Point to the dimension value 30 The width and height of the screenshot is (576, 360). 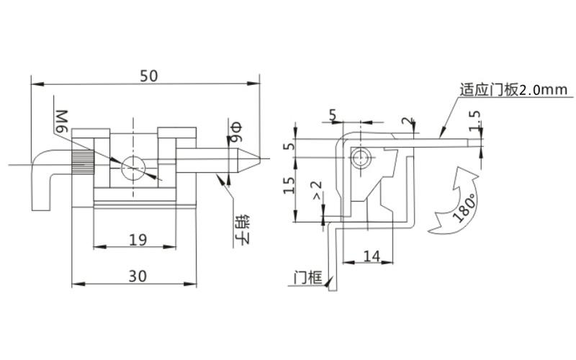point(137,275)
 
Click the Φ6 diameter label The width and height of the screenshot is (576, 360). point(235,130)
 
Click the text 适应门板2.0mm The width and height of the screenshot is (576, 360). point(514,91)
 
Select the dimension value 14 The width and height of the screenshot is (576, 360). point(372,255)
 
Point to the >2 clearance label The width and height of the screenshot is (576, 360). point(315,192)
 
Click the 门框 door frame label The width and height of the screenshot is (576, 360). point(307,278)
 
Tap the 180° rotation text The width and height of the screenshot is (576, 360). point(466,208)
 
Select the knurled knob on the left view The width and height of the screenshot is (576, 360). point(81,165)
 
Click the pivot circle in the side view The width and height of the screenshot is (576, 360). point(361,158)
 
